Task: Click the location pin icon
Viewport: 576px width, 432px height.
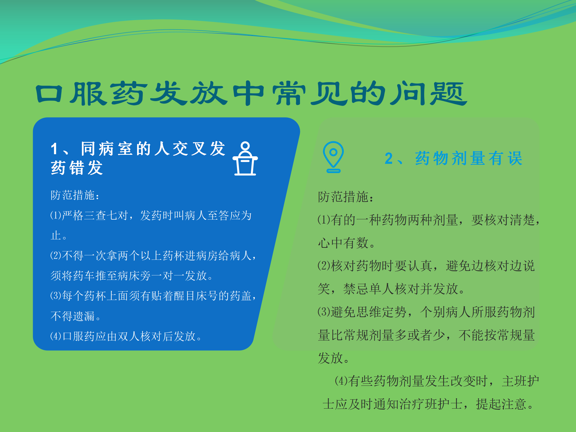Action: (x=333, y=157)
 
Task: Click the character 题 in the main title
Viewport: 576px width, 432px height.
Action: (x=448, y=94)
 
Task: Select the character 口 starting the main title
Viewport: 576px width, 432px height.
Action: (x=49, y=94)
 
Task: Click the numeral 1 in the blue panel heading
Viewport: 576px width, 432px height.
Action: (x=54, y=149)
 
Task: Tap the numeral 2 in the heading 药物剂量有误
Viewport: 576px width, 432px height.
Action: (x=388, y=158)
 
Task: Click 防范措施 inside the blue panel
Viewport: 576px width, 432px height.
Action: (x=72, y=195)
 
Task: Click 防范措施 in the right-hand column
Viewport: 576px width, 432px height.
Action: (x=343, y=197)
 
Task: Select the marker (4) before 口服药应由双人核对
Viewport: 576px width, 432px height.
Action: (x=56, y=336)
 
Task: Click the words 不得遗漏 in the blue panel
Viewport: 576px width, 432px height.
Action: (x=73, y=316)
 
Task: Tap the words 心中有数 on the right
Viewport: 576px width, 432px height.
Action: (x=343, y=243)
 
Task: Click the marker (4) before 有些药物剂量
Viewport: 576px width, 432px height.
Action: (x=341, y=381)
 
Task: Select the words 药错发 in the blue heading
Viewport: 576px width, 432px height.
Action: (x=77, y=168)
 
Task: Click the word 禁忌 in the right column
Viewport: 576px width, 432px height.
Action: (x=356, y=289)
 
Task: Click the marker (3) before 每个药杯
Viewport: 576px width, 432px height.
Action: (x=56, y=296)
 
